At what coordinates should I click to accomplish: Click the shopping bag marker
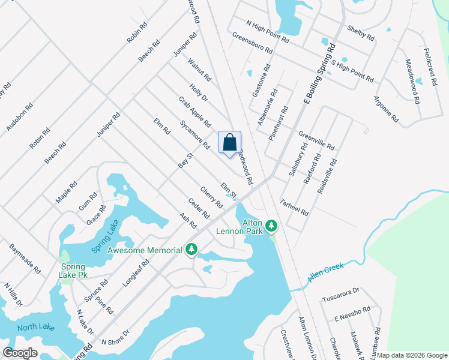coord(229,143)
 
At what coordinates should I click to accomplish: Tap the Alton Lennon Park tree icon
coord(272,226)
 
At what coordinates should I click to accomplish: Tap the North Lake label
coord(35,327)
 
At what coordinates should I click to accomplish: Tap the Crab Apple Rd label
coord(194,112)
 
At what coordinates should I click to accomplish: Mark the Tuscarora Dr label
coord(340,298)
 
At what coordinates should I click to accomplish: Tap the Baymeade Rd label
coord(25,259)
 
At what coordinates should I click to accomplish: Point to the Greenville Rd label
coord(316,142)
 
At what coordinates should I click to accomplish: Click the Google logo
coord(20,353)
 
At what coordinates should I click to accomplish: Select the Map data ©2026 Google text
coord(412,355)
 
